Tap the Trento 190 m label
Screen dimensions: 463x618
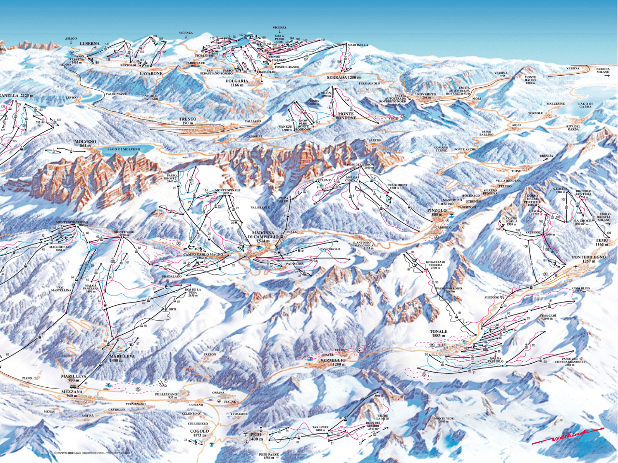[187, 121]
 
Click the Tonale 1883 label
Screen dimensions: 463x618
[438, 334]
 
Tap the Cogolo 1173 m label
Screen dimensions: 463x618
[199, 433]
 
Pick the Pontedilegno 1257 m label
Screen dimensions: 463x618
[588, 259]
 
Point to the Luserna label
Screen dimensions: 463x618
[89, 44]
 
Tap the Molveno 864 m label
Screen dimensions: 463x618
[85, 143]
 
